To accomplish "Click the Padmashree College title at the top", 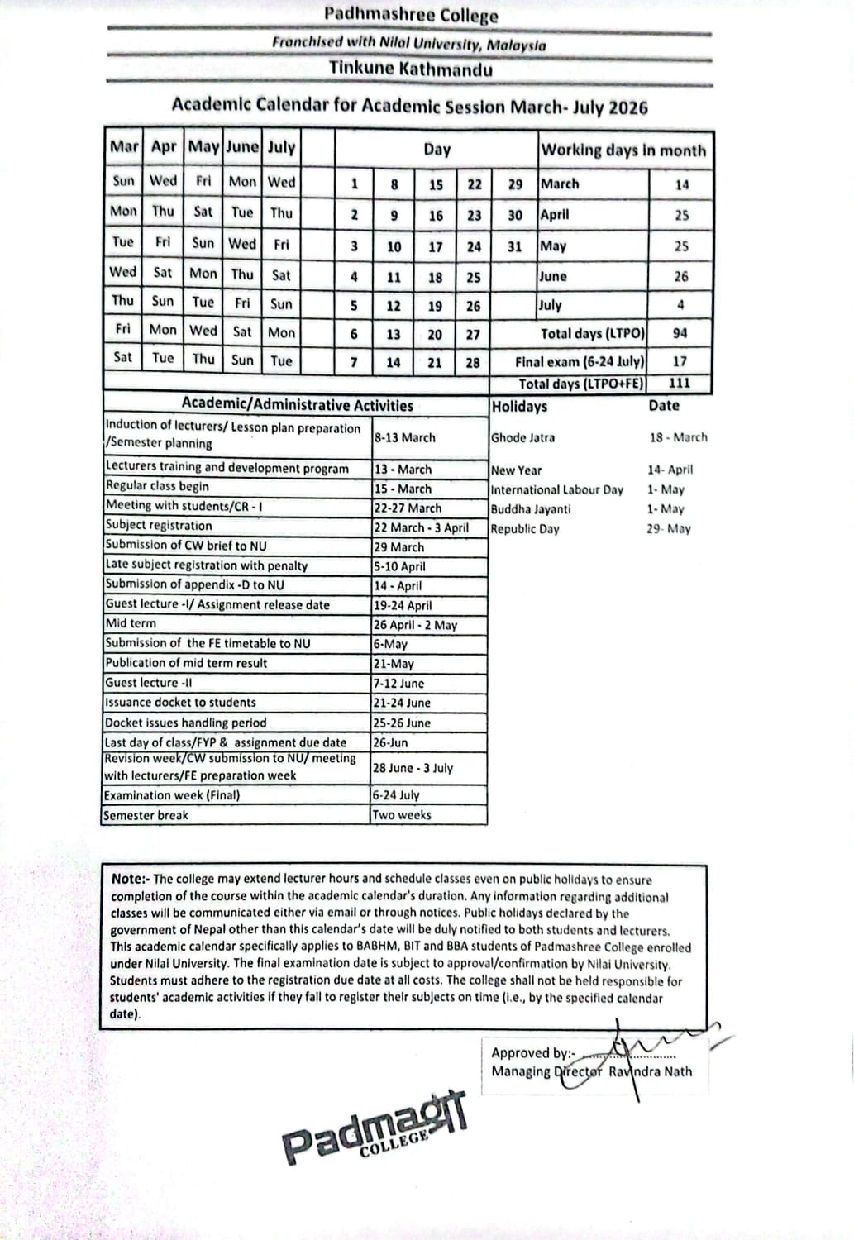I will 411,15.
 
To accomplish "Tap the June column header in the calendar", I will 242,148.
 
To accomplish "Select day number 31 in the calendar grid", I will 514,246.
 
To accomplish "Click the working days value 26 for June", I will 680,276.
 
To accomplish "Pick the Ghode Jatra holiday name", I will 522,438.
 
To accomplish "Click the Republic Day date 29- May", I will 668,529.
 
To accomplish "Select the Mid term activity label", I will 131,624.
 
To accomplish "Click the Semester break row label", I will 146,815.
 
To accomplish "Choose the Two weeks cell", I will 402,815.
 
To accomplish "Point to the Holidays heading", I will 519,406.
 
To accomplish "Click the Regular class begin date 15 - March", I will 403,489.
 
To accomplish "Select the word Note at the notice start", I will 129,880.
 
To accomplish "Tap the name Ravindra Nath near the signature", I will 651,1071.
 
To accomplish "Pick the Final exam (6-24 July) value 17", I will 680,361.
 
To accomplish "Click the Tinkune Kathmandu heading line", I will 411,69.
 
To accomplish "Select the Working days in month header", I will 623,150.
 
